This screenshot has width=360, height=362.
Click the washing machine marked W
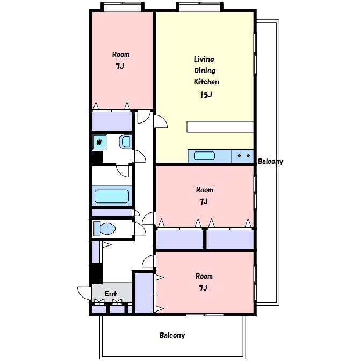click(99, 142)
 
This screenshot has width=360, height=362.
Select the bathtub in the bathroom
click(112, 196)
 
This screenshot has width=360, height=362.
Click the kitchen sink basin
click(204, 156)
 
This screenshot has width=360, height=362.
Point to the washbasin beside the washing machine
click(125, 141)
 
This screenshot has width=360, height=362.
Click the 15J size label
click(206, 95)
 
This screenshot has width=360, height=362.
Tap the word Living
click(204, 59)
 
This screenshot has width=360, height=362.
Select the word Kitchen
click(206, 82)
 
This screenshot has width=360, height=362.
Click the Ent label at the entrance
click(111, 294)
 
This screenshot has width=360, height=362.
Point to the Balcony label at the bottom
click(172, 336)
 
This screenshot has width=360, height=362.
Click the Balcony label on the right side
click(270, 161)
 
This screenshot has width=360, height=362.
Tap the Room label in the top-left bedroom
click(121, 54)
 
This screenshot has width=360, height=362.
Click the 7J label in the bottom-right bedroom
click(203, 288)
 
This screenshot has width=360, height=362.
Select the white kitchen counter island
click(220, 127)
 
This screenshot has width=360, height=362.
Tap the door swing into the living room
click(161, 121)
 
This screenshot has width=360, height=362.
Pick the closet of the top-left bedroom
click(112, 121)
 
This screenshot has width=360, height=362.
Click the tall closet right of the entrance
click(144, 293)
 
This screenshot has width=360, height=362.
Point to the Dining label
click(205, 71)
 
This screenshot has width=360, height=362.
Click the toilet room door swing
click(140, 229)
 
